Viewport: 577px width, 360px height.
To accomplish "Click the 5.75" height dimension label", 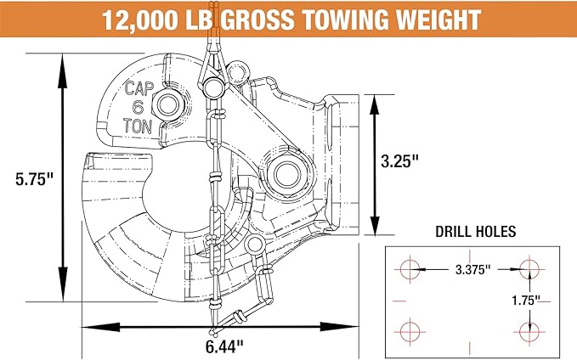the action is point(34,179).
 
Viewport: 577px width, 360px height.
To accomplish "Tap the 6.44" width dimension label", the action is point(224,346).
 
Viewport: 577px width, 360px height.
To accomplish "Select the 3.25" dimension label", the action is point(399,160).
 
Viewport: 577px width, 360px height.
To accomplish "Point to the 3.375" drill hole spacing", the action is point(472,269).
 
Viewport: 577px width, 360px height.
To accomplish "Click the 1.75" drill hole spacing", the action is point(526,301).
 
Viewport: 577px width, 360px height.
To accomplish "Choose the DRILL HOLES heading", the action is point(475,232).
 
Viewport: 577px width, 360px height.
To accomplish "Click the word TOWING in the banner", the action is point(345,20).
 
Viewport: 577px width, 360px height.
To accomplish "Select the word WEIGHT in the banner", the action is point(438,20).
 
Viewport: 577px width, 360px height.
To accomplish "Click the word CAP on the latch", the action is point(139,88).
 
